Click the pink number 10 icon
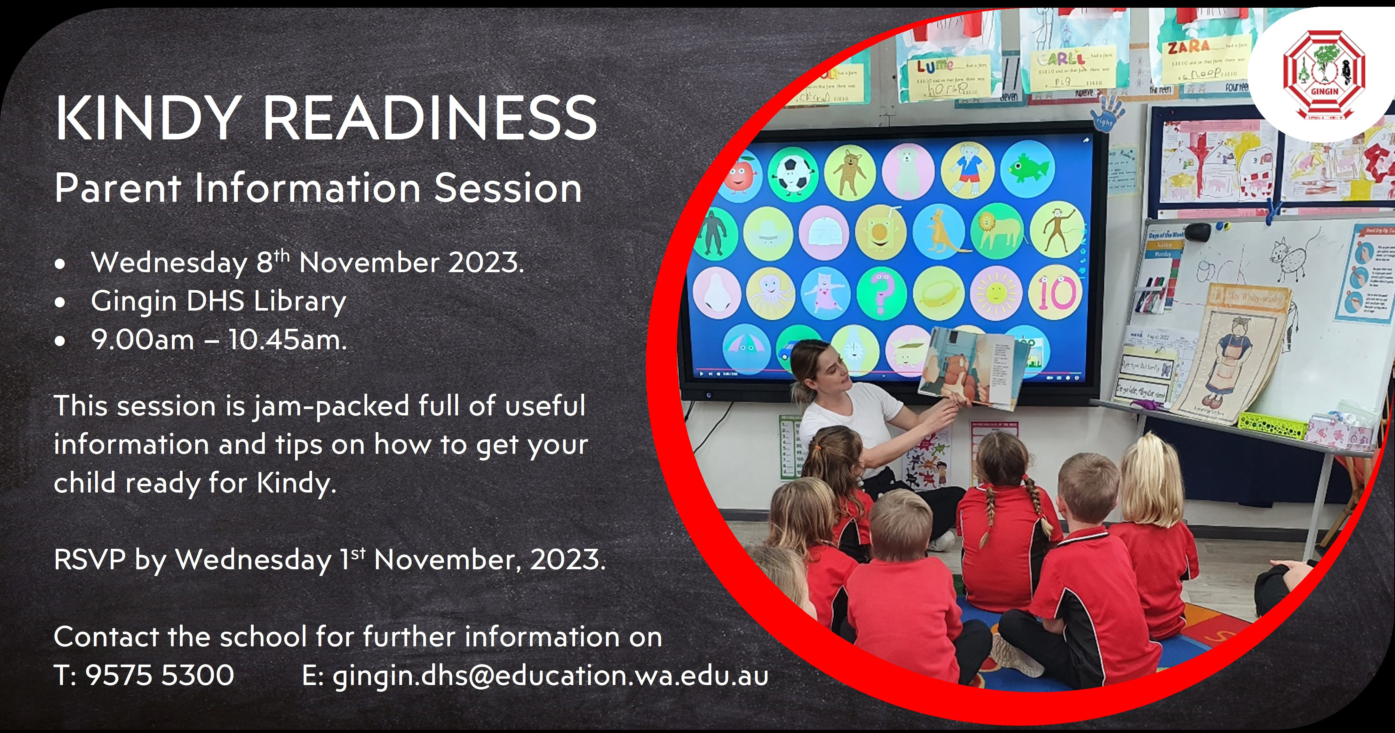(x=1055, y=292)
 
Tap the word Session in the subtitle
(x=508, y=188)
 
